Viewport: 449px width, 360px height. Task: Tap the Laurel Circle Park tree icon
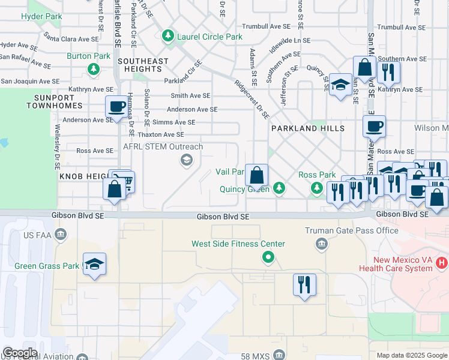(x=167, y=37)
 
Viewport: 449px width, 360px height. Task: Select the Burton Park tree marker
(x=93, y=70)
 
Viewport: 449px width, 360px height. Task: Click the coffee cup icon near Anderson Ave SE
(x=116, y=106)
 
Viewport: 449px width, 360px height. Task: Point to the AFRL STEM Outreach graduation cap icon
(x=186, y=160)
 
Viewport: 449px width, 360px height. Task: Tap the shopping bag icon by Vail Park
(x=257, y=176)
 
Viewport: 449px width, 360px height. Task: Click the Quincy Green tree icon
(x=279, y=188)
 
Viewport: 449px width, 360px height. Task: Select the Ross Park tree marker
(x=316, y=188)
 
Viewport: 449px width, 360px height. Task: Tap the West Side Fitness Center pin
(x=268, y=258)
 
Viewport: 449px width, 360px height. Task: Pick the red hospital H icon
(x=442, y=263)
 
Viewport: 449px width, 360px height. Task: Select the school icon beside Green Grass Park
(x=95, y=264)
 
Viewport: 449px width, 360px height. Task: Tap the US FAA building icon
(x=60, y=233)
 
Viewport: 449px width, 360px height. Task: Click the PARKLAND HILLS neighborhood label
(x=307, y=128)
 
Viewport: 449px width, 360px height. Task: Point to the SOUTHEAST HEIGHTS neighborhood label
(x=143, y=65)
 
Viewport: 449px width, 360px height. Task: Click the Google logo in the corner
(x=20, y=353)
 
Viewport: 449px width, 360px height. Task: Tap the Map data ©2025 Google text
(x=411, y=355)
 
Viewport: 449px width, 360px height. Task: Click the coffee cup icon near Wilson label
(x=374, y=126)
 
